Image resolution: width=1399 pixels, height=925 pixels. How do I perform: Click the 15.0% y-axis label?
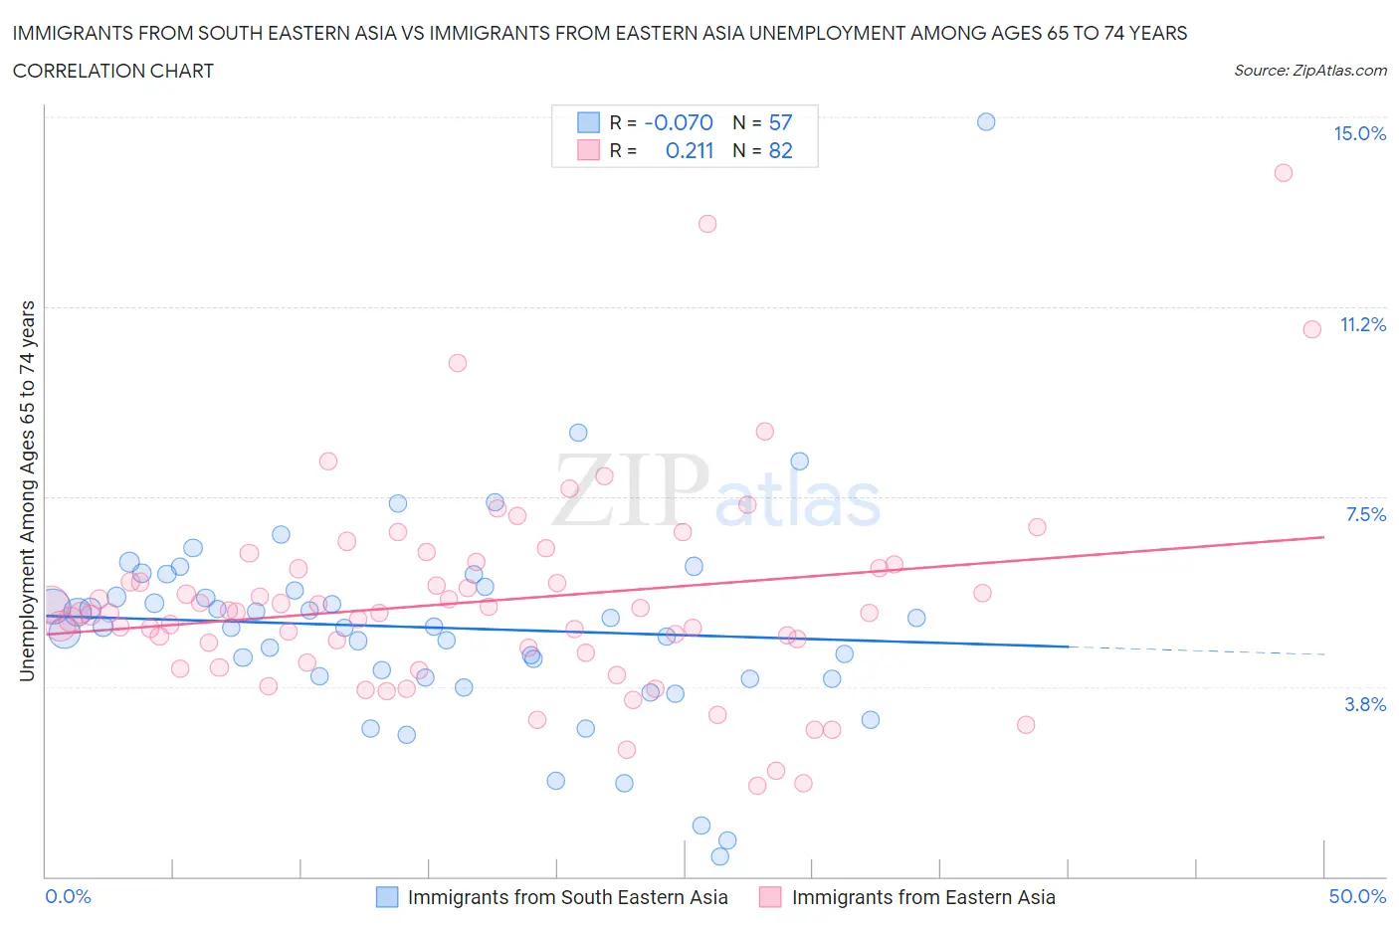pos(1359,133)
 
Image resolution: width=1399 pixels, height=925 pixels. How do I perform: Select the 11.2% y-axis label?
pos(1362,324)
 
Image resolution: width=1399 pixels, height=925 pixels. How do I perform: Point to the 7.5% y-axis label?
pos(1365,514)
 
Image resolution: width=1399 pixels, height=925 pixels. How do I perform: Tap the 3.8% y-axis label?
pos(1365,704)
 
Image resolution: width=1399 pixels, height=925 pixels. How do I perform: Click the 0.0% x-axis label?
pos(68,896)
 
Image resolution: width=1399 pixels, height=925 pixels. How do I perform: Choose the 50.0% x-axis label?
pos(1357,896)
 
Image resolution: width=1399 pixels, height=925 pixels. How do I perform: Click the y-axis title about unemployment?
pos(27,490)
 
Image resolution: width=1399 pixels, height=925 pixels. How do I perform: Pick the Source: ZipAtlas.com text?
pos(1309,71)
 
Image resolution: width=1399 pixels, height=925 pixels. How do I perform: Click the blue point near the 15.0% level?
pos(986,121)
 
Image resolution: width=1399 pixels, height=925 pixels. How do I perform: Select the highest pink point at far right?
pos(1284,172)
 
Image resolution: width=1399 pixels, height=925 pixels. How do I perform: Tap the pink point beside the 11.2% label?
pos(1312,328)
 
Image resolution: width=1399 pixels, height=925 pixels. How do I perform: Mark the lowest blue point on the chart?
pos(720,856)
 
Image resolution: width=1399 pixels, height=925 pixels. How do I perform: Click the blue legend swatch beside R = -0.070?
pos(589,122)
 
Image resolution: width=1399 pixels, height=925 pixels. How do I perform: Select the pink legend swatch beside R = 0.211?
pos(589,150)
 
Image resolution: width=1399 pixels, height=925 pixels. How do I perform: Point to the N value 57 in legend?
pos(780,122)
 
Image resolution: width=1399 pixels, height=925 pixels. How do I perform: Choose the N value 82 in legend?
pos(780,150)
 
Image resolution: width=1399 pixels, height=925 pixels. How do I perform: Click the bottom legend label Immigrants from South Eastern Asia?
pos(567,897)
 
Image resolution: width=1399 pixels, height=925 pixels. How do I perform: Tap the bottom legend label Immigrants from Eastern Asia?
pos(922,897)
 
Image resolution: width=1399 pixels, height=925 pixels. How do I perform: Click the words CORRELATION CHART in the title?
pos(113,71)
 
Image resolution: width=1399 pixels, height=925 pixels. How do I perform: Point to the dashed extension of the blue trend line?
pos(1194,650)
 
